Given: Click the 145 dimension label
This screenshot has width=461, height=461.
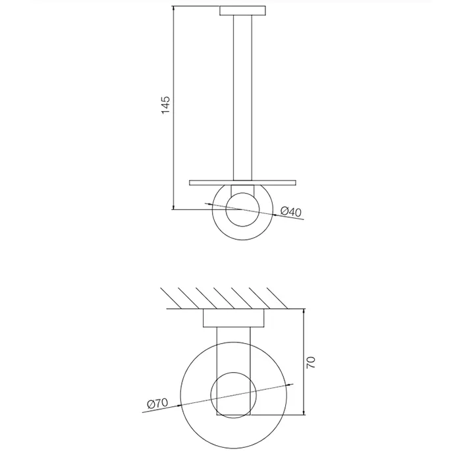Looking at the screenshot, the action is click(166, 105).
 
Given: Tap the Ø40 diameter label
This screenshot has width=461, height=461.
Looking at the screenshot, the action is click(291, 211).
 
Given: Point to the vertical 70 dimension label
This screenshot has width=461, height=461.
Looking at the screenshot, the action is click(311, 362).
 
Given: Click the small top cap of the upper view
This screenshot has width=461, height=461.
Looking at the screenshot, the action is click(242, 11).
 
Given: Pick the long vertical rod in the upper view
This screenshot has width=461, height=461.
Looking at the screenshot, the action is click(242, 97).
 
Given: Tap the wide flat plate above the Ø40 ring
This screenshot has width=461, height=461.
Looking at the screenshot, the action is click(242, 183).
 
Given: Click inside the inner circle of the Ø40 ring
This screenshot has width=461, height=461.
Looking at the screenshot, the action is click(242, 209).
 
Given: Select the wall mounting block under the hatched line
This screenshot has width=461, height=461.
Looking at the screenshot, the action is click(233, 318).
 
